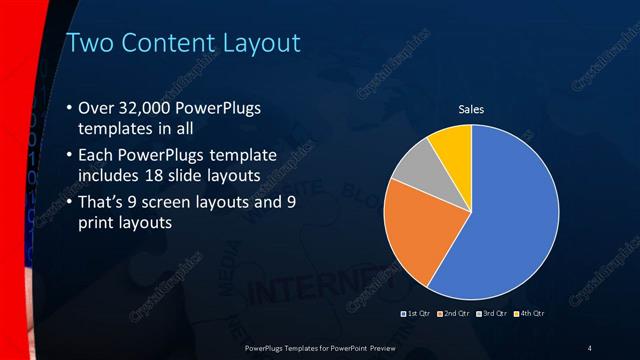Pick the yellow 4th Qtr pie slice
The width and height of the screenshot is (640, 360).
pos(451,147)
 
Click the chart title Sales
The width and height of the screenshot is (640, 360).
pos(471,109)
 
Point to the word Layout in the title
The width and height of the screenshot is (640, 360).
pos(259,43)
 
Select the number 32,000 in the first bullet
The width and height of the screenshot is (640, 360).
pos(151,108)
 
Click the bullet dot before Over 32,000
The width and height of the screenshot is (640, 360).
pos(68,108)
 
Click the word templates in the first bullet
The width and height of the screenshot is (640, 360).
pos(116,129)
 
